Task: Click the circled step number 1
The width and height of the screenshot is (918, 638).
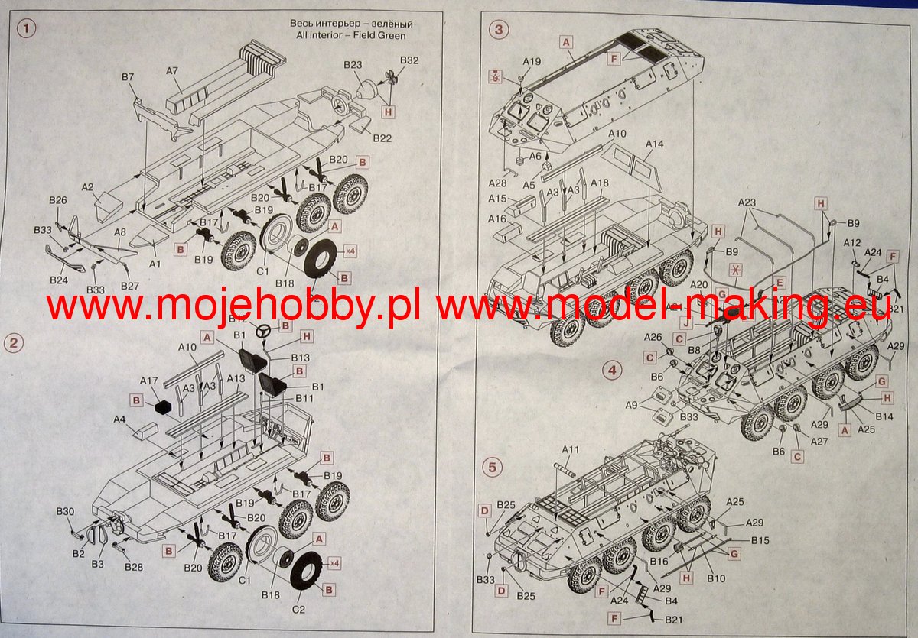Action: (27, 30)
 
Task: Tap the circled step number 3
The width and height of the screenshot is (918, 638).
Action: (499, 30)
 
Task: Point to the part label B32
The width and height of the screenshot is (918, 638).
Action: (409, 60)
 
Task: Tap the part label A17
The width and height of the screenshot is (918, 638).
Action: (149, 380)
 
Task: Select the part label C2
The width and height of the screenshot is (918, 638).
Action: (299, 609)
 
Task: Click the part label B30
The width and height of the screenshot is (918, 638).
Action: (66, 511)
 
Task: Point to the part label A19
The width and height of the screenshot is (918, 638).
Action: (532, 62)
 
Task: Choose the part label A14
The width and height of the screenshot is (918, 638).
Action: (654, 144)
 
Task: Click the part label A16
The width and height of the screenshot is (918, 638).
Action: (497, 219)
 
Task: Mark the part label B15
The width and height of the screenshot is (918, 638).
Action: (760, 540)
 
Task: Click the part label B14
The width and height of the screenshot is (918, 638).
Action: (884, 416)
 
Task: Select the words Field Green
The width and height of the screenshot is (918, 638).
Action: (381, 36)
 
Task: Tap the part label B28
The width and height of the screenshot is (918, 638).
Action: (133, 566)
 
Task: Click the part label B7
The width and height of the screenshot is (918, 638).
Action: (128, 77)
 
